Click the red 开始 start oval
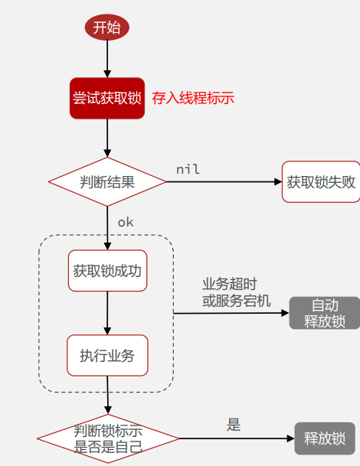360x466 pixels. point(106,28)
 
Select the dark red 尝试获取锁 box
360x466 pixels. point(107,98)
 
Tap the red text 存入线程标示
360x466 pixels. point(192,98)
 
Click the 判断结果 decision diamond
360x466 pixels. point(107,182)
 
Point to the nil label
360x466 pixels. point(188,168)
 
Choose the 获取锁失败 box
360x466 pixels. point(320,182)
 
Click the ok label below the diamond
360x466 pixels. point(125,222)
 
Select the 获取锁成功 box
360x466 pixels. point(107,271)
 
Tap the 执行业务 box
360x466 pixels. point(107,355)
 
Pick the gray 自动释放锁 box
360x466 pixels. point(324,313)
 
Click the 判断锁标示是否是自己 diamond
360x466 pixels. point(108,439)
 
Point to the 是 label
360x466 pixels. point(234,425)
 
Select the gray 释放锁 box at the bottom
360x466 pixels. point(325,439)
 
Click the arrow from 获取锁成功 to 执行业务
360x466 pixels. point(107,312)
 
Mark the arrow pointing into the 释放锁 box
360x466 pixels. point(237,439)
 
